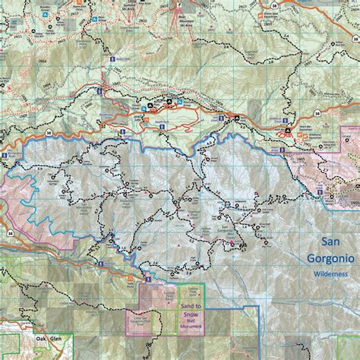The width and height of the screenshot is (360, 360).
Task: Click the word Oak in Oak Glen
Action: coord(42,340)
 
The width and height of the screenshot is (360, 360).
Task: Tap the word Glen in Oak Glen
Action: coord(59,340)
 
